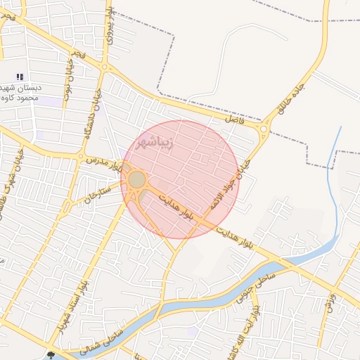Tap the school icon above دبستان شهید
[20, 77]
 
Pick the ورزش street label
[330, 302]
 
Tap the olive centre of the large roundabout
[137, 180]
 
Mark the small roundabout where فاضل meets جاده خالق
[264, 128]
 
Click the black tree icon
[51, 353]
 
